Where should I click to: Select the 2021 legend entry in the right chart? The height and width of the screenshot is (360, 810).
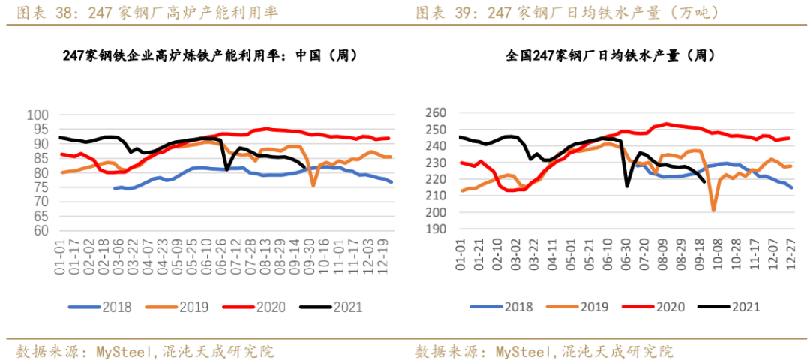[x=738, y=307]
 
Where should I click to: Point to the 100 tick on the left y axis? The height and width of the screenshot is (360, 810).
[x=38, y=115]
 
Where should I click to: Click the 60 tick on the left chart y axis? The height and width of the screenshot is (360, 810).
[x=41, y=231]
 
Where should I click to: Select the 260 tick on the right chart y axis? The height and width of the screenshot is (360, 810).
[x=436, y=113]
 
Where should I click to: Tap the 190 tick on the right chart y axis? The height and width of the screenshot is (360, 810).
[x=436, y=229]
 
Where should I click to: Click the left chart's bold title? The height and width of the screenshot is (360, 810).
[x=210, y=55]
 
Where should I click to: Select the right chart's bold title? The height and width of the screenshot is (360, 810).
[x=610, y=55]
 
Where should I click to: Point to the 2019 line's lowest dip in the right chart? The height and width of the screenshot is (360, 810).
[x=713, y=211]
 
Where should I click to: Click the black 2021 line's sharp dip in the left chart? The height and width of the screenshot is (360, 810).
[x=227, y=169]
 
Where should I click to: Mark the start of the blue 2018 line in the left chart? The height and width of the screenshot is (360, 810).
[x=115, y=188]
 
